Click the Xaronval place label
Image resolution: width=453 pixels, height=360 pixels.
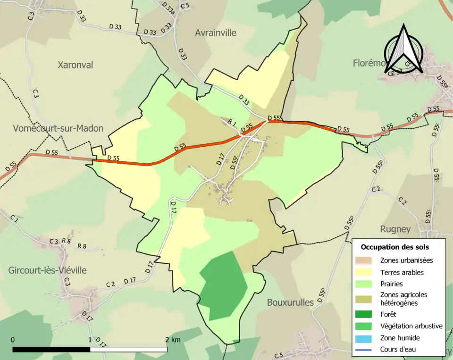coord(75,65)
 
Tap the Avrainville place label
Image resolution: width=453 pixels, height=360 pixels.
coord(215,33)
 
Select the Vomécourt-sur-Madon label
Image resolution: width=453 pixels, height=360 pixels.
coord(58,128)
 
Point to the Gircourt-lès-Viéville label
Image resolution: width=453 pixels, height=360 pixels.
coord(47,270)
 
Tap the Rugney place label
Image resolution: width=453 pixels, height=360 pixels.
coord(395,229)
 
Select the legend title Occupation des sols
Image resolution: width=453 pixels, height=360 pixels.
coord(394,247)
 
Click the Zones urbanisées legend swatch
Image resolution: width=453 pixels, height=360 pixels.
coord(367,260)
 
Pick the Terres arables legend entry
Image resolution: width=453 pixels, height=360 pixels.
coord(402,272)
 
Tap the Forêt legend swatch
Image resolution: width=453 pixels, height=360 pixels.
coord(367,314)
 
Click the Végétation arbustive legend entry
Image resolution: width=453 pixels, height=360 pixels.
coord(411,326)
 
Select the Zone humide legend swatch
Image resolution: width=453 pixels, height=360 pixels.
coord(367,338)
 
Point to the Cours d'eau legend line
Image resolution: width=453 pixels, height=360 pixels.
coord(367,350)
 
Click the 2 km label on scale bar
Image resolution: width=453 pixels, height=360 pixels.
coord(173,340)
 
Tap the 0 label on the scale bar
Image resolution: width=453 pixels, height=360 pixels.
coord(13,340)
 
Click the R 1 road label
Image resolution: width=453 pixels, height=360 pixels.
coord(232,122)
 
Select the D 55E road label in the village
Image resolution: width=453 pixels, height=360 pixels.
coord(234,162)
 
